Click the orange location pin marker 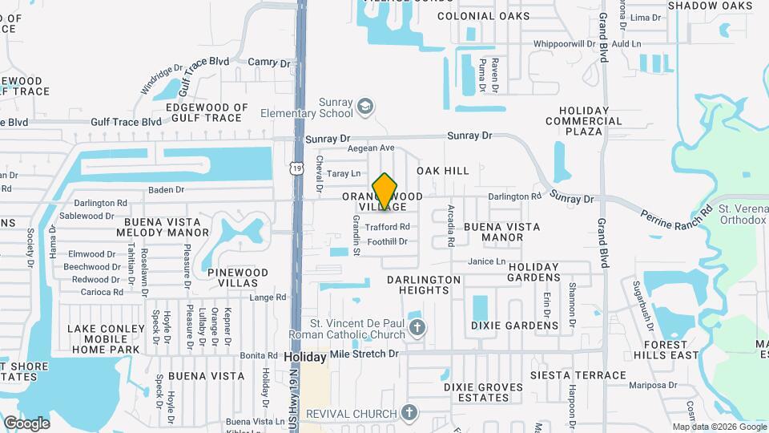click(x=385, y=192)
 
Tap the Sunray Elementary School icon click(x=365, y=107)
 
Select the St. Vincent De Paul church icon click(x=416, y=327)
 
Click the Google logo click(x=26, y=423)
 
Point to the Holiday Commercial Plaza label click(x=590, y=121)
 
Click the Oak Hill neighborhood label click(x=443, y=171)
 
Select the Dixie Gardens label click(x=514, y=326)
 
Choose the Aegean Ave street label click(x=371, y=148)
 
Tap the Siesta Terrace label click(x=577, y=374)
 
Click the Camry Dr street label click(x=269, y=62)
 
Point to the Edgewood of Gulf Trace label click(x=207, y=112)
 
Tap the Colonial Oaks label click(x=494, y=16)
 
